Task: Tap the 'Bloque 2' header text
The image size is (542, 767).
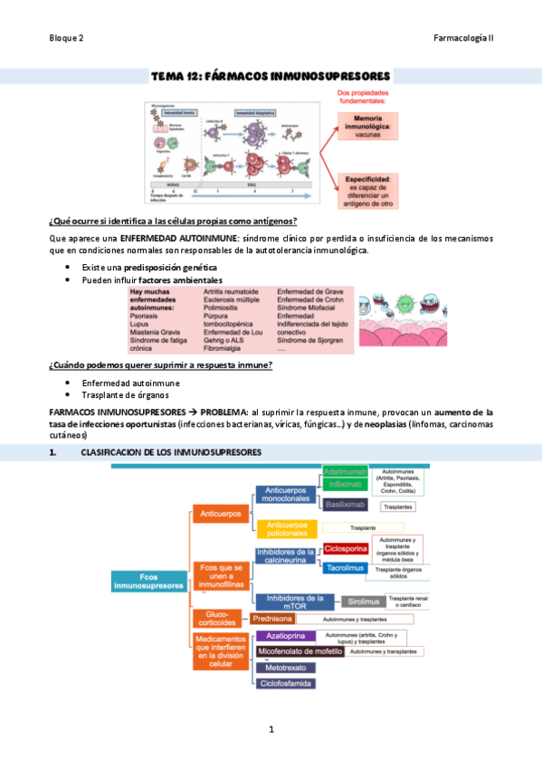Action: point(67,38)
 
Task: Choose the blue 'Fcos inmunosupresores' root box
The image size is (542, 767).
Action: point(147,581)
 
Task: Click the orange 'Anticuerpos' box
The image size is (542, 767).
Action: point(218,515)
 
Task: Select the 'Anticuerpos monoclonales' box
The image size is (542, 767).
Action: point(286,493)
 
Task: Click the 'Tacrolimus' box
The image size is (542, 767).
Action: point(346,567)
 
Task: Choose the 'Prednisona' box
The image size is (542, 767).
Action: point(272,619)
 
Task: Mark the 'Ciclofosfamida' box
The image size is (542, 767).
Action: point(285,684)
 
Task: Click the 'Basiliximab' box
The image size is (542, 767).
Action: point(346,506)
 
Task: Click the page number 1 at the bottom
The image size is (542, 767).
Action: point(271,728)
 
